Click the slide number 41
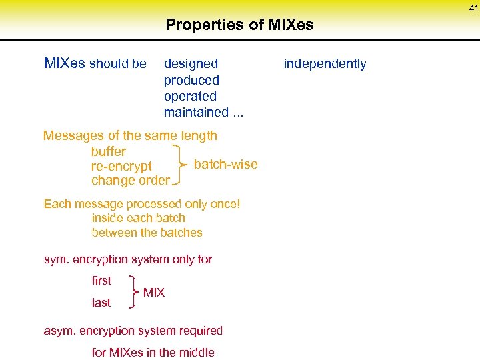tap(473, 8)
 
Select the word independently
tap(325, 64)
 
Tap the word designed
tap(191, 64)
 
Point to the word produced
tap(191, 80)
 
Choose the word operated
tap(190, 96)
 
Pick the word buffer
tap(109, 151)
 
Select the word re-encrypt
tap(121, 166)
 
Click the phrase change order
tap(131, 181)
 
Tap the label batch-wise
tap(225, 165)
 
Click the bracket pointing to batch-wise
tap(180, 163)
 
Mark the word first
tap(101, 281)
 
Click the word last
tap(101, 303)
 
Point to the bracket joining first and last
tap(134, 292)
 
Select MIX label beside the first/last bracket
tap(154, 293)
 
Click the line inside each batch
tap(139, 218)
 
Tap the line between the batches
tap(147, 233)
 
